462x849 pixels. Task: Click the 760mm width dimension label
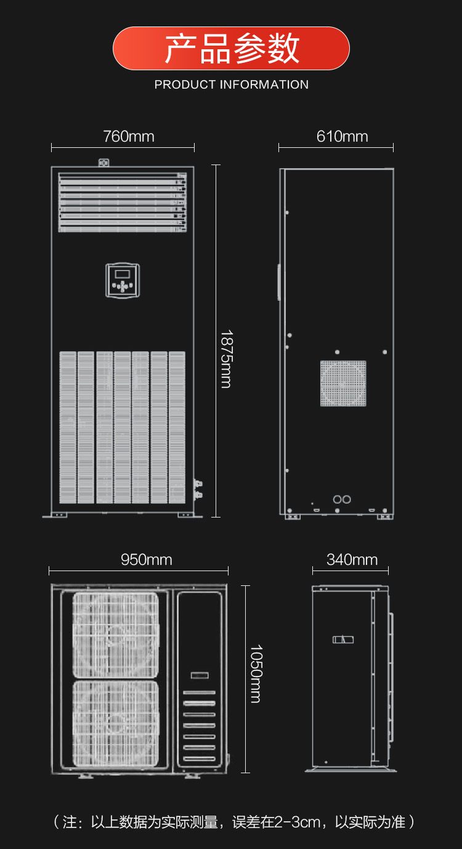[x=129, y=136]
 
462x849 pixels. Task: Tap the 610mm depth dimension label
[x=342, y=136]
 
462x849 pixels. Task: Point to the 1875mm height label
[x=227, y=359]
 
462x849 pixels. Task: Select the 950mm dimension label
[x=146, y=560]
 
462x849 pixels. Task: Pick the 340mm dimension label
[x=352, y=560]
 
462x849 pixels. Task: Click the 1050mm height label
[x=256, y=673]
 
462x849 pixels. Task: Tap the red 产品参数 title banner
[x=231, y=48]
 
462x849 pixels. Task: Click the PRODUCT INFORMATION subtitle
[x=231, y=84]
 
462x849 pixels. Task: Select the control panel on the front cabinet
[x=123, y=280]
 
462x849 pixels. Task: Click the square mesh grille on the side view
[x=343, y=383]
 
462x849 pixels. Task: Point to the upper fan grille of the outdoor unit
[x=116, y=635]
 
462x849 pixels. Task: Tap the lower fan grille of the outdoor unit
[x=116, y=723]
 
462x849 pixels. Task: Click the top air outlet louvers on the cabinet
[x=123, y=203]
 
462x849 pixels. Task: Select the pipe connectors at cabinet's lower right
[x=198, y=489]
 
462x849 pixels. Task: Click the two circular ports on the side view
[x=342, y=499]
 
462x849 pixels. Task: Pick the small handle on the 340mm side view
[x=343, y=640]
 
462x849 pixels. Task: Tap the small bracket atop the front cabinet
[x=104, y=163]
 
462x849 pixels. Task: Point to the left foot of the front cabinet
[x=55, y=515]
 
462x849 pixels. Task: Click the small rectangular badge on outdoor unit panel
[x=200, y=675]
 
